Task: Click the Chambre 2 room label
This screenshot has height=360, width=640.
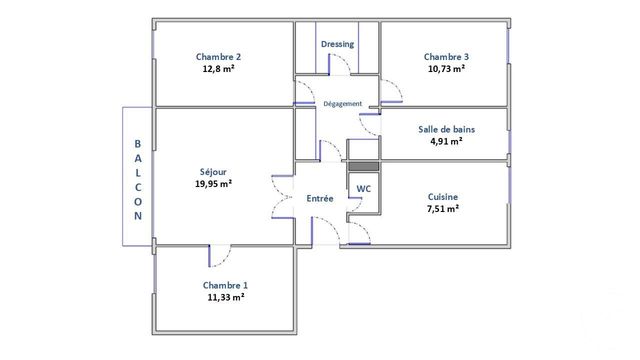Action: coord(218,57)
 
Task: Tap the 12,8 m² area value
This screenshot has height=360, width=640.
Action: coord(218,70)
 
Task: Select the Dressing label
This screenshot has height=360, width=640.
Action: coord(337,45)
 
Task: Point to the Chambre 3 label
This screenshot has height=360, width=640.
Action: coord(445,57)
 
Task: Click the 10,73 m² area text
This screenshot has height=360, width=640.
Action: coord(445,70)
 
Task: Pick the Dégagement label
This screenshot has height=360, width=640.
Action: coord(342,104)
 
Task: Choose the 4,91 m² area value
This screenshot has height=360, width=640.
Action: coord(446,142)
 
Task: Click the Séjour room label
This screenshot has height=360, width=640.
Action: coord(213,171)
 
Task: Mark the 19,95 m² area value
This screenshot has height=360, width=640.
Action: coord(213,184)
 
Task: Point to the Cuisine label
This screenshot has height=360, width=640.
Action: coord(443,196)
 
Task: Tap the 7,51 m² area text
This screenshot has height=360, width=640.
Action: coord(443,209)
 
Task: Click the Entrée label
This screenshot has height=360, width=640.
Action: coord(320,199)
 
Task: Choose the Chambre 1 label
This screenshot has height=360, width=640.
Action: coord(224,285)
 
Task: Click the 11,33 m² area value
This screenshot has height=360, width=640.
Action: coord(224,298)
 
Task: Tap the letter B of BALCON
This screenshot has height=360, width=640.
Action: coord(138,143)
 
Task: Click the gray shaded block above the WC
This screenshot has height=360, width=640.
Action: coord(363,166)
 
